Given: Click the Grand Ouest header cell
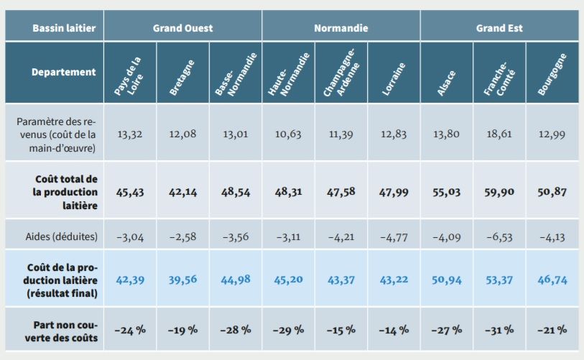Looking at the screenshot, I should point(182,29).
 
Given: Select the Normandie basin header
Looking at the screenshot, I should point(341,29).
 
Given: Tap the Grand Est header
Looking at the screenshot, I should point(499,29).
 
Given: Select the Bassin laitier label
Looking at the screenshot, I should point(54,29).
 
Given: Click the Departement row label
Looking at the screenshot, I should point(62,72).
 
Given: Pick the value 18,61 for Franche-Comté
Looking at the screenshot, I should point(499,134).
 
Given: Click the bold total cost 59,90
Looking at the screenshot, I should point(499,192).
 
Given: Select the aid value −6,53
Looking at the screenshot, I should point(499,234).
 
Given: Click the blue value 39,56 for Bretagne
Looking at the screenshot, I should point(182,279).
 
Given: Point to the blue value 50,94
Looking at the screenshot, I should point(447,279).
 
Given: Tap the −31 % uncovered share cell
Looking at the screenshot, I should point(499,330).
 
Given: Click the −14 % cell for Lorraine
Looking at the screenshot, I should point(394,330).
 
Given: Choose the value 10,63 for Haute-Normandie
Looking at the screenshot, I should point(288,134).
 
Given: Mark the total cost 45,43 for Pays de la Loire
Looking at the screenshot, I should point(130,192).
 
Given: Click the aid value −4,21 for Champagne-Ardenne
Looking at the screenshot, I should point(341,234).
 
